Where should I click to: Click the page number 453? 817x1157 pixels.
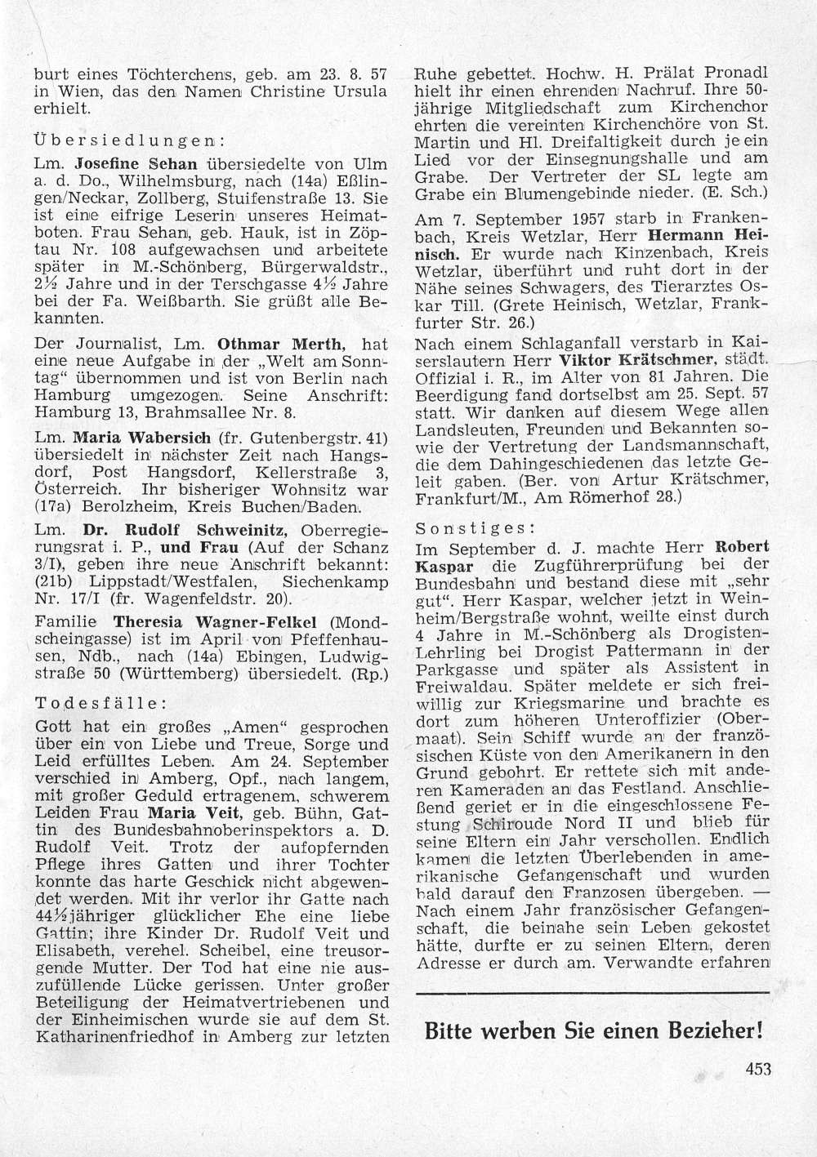[x=757, y=1069]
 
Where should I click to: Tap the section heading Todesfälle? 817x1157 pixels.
[x=103, y=703]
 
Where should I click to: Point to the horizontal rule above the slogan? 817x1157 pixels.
[x=592, y=992]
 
